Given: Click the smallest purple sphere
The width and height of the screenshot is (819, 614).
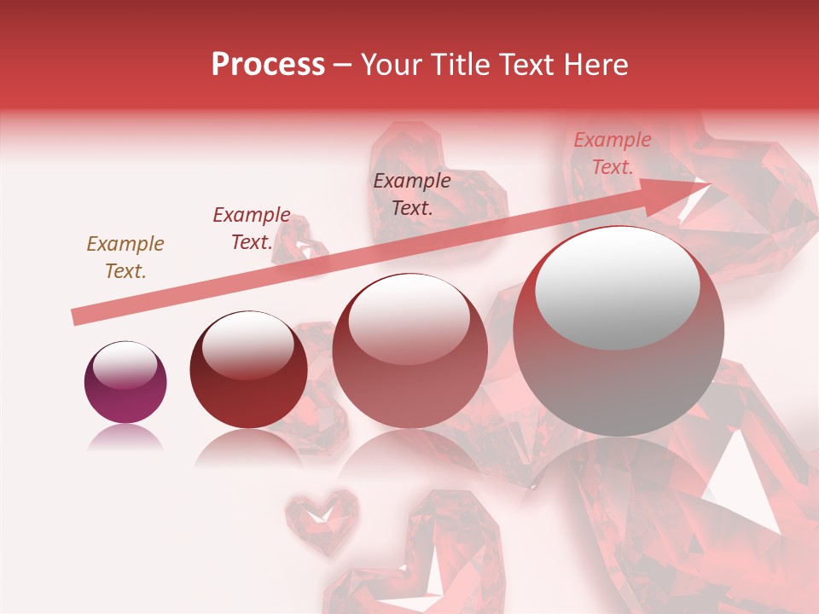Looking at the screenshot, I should coord(125,383).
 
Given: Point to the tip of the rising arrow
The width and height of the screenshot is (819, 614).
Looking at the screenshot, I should coord(708,182).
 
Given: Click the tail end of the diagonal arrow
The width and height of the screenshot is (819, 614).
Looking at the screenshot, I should coord(76,317).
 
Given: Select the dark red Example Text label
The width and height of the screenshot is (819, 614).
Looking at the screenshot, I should coord(252,229).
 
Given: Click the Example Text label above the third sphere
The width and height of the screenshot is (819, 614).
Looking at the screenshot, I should coord(412,194).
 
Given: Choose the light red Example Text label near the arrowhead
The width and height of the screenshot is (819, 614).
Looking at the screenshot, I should coord(612,153).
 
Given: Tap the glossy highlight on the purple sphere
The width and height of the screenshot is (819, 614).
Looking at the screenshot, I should coord(125,366).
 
